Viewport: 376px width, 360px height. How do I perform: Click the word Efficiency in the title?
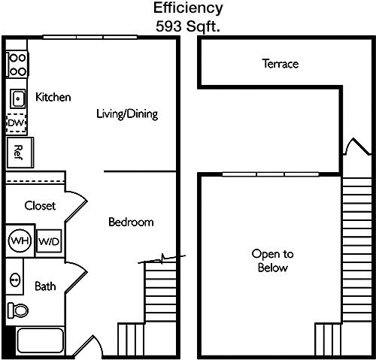click(188, 9)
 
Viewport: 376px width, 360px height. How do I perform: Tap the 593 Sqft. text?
click(188, 26)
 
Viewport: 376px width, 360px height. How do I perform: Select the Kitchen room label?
click(53, 97)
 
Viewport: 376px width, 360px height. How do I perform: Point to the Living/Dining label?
click(127, 114)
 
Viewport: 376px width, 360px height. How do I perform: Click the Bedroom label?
click(131, 222)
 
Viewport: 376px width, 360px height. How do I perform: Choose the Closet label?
click(40, 206)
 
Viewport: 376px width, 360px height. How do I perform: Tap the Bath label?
click(45, 286)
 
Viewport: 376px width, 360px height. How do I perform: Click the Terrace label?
click(280, 64)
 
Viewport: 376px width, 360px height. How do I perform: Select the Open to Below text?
click(273, 261)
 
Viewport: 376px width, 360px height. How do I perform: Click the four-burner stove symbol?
click(17, 65)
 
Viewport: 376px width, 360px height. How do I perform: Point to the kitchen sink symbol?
click(17, 98)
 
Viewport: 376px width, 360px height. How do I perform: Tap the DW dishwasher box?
click(17, 123)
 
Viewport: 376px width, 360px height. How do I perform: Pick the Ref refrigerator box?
click(20, 153)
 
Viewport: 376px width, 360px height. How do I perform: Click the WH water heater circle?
click(20, 241)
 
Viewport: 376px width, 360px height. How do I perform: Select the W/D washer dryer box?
click(49, 241)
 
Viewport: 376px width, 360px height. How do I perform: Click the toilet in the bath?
click(17, 310)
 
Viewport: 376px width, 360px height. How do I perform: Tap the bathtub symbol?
click(40, 340)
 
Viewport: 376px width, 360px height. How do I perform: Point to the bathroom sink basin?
click(15, 280)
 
